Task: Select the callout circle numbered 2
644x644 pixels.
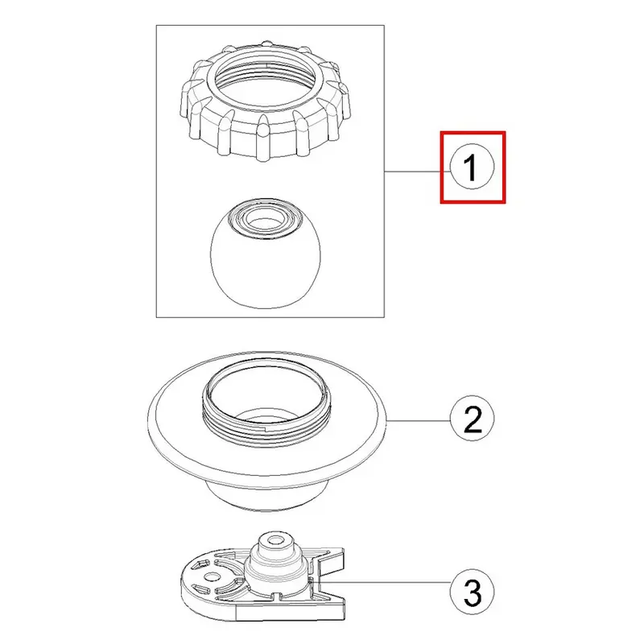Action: tap(473, 419)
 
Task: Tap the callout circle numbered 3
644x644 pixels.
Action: tap(473, 592)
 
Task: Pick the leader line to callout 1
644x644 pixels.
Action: tap(417, 171)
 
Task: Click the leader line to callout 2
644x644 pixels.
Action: tap(419, 420)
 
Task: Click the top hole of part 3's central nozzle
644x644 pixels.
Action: tap(275, 539)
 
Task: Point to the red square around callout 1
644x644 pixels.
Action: tap(473, 132)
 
